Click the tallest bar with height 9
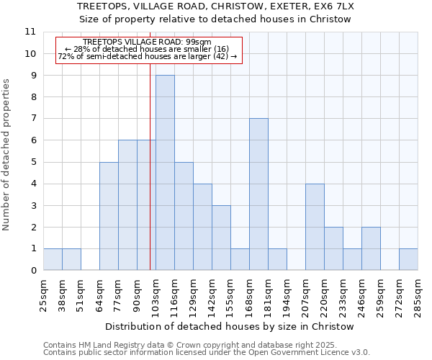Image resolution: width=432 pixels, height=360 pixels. tap(165, 173)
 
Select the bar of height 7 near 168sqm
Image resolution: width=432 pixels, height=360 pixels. tap(258, 194)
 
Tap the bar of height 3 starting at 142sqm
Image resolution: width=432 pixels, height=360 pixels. tap(221, 238)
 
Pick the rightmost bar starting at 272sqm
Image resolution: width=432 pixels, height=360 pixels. tap(408, 259)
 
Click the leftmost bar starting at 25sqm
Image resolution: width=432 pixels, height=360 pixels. tap(53, 259)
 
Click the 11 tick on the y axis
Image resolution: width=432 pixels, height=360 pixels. tap(30, 32)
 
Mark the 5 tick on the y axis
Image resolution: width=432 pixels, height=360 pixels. tap(32, 162)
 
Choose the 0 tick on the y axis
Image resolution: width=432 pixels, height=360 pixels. tap(32, 271)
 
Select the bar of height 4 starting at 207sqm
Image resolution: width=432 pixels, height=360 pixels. tap(315, 227)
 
